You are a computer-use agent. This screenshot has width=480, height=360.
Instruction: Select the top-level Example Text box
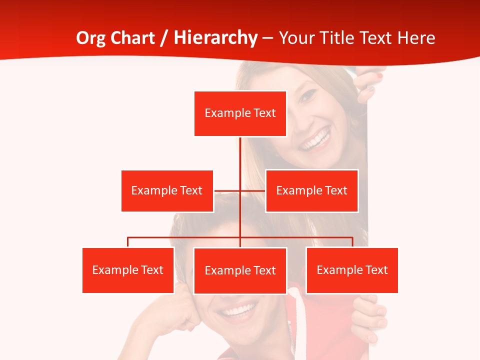pyautogui.click(x=240, y=113)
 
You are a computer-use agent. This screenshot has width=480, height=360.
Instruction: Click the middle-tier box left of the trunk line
pyautogui.click(x=167, y=190)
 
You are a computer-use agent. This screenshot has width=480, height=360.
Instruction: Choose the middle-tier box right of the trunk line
pyautogui.click(x=311, y=190)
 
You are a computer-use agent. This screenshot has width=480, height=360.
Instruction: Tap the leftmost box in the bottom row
pyautogui.click(x=128, y=270)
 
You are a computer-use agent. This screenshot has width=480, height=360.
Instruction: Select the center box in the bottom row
pyautogui.click(x=240, y=270)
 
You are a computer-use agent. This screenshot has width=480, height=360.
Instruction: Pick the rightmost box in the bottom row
pyautogui.click(x=352, y=270)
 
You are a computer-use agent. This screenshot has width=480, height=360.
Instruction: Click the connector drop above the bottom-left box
pyautogui.click(x=128, y=242)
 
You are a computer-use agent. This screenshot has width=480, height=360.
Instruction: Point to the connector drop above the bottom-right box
pyautogui.click(x=352, y=242)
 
